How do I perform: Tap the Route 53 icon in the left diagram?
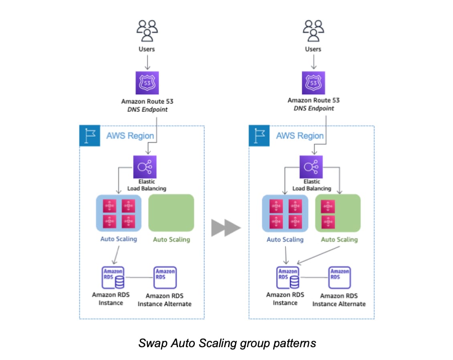(x=147, y=83)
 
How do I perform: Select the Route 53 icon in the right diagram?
(x=313, y=83)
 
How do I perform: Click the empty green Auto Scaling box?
(x=171, y=213)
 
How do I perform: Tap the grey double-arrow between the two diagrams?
(x=226, y=228)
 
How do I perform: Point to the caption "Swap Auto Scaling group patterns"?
(x=227, y=343)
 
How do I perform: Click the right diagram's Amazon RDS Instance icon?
(x=288, y=277)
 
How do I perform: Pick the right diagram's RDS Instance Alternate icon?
(x=340, y=277)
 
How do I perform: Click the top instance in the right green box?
(x=328, y=206)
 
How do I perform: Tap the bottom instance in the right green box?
(x=328, y=221)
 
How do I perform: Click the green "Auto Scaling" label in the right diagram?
(x=339, y=240)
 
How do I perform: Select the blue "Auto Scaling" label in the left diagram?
(x=118, y=239)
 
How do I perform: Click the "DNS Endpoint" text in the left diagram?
(x=147, y=109)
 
